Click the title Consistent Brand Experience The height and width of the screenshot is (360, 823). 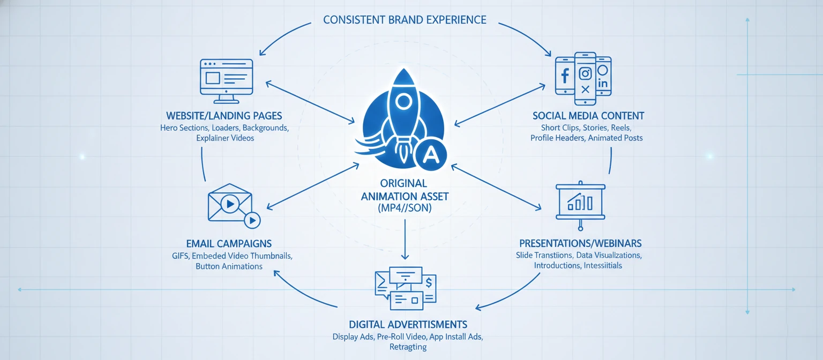click(405, 20)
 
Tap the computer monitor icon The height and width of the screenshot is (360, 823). click(226, 81)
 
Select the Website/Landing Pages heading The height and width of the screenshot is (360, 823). click(224, 116)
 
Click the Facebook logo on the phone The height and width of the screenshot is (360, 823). click(565, 76)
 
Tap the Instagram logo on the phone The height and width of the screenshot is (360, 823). click(585, 73)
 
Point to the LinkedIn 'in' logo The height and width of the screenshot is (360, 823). click(603, 84)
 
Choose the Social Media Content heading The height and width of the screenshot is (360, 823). click(588, 116)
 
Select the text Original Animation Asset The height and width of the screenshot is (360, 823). click(405, 190)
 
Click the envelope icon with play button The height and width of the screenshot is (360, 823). click(229, 204)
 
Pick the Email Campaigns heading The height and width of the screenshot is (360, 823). click(229, 243)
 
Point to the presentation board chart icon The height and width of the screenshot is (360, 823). click(580, 201)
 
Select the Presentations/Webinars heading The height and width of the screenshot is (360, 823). click(580, 243)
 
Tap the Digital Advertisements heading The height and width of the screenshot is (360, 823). click(408, 325)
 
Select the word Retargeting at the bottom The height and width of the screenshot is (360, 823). click(408, 347)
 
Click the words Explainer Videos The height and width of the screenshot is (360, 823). click(225, 138)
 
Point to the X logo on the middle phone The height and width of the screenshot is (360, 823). click(585, 89)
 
